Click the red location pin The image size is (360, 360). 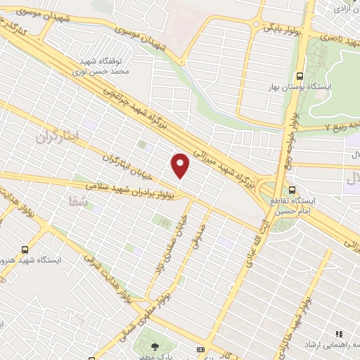click(x=181, y=165)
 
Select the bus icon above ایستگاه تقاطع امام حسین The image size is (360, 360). click(x=293, y=190)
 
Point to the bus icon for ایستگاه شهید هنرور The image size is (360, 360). click(x=26, y=249)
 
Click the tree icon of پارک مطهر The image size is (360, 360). click(x=155, y=345)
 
